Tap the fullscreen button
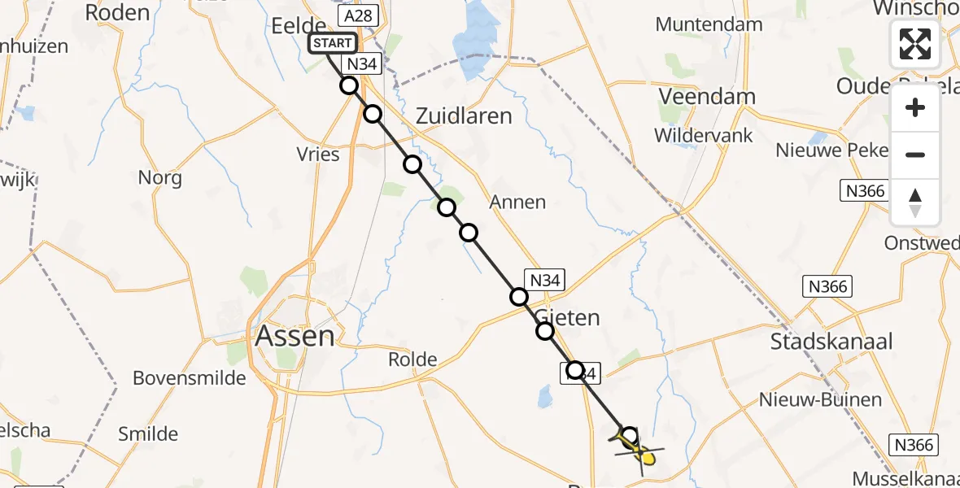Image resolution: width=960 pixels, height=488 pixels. [x=915, y=44]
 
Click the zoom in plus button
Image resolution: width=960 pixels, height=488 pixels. [x=915, y=107]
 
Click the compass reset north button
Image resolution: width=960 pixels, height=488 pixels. [x=915, y=202]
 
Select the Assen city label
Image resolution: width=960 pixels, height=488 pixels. [x=295, y=336]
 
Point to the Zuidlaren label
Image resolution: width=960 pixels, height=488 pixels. [x=464, y=116]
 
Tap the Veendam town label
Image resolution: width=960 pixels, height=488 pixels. [x=706, y=96]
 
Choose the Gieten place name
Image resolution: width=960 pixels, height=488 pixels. [x=569, y=318]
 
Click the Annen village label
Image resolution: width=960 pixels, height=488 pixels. [x=517, y=202]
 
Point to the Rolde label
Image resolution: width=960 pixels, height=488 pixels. [x=412, y=359]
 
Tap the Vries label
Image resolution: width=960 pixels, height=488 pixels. [x=319, y=155]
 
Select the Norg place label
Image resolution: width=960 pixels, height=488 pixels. [x=159, y=177]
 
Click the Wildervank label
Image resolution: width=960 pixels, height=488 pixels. [x=704, y=136]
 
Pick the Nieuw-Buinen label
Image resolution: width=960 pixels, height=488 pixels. [x=820, y=400]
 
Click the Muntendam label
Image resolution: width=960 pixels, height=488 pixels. [x=709, y=24]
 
